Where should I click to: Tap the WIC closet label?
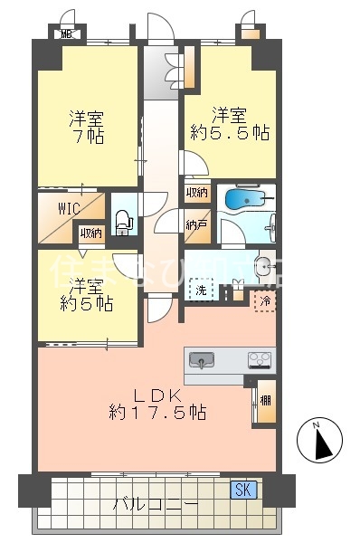[x=70, y=208]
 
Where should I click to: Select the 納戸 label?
[x=196, y=224]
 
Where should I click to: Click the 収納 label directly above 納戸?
[x=197, y=192]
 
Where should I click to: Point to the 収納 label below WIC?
[x=90, y=233]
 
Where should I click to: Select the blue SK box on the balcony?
[x=243, y=491]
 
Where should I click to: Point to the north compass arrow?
[x=323, y=441]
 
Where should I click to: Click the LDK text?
[x=159, y=395]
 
